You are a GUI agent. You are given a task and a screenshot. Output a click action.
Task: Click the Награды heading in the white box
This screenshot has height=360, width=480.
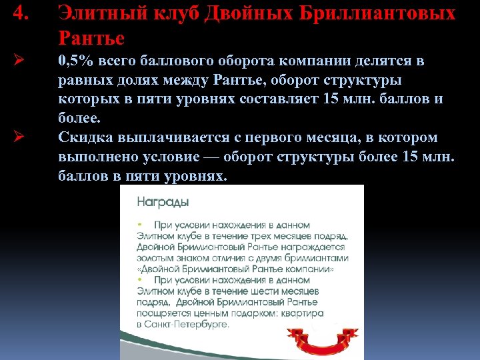click(x=163, y=201)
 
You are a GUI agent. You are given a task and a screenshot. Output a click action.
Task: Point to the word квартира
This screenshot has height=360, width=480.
click(x=301, y=313)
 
